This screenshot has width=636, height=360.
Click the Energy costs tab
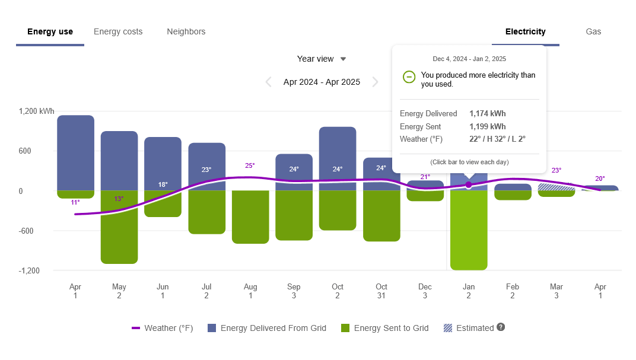118,32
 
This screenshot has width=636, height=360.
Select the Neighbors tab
186,32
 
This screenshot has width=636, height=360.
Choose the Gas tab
593,32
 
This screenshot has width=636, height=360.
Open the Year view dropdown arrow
343,59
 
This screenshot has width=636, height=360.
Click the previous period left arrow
268,82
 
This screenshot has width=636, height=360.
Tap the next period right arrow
375,82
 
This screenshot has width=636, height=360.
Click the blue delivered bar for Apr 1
75,152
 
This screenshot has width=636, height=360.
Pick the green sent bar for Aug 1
250,216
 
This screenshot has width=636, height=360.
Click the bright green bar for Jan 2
469,231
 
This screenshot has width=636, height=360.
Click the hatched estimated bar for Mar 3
556,187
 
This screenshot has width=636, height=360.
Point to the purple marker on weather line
469,185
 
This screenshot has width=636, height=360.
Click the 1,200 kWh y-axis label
36,111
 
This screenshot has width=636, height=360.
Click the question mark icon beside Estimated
501,327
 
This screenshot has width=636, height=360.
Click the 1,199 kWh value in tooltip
487,126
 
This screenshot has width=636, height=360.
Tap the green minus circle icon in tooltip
409,77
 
